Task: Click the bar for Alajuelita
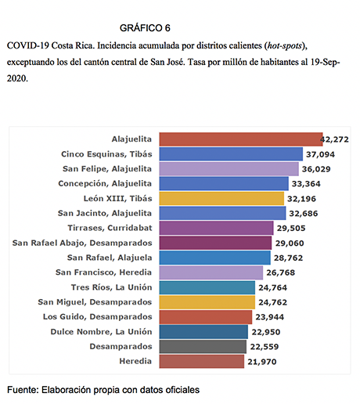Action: [x=241, y=139]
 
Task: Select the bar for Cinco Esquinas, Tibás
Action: [x=231, y=154]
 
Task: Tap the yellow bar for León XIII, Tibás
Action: [x=221, y=198]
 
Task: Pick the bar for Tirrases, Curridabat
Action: [x=216, y=228]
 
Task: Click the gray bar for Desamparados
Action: [x=203, y=347]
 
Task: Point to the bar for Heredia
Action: [x=202, y=362]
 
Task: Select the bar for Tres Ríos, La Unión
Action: [x=207, y=287]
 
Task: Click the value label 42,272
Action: [x=334, y=139]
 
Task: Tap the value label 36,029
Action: [x=316, y=169]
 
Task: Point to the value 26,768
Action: [x=281, y=272]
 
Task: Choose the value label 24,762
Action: [x=272, y=302]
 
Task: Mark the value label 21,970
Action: [x=262, y=362]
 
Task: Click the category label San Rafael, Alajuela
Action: [x=110, y=258]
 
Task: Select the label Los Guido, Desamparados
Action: [x=98, y=317]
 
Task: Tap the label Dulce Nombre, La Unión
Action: [x=101, y=332]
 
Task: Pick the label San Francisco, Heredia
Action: [x=103, y=272]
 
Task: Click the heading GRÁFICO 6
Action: [x=145, y=28]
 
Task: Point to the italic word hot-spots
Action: [x=285, y=46]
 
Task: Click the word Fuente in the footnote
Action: [x=23, y=390]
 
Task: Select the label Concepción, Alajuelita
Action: [x=105, y=184]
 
